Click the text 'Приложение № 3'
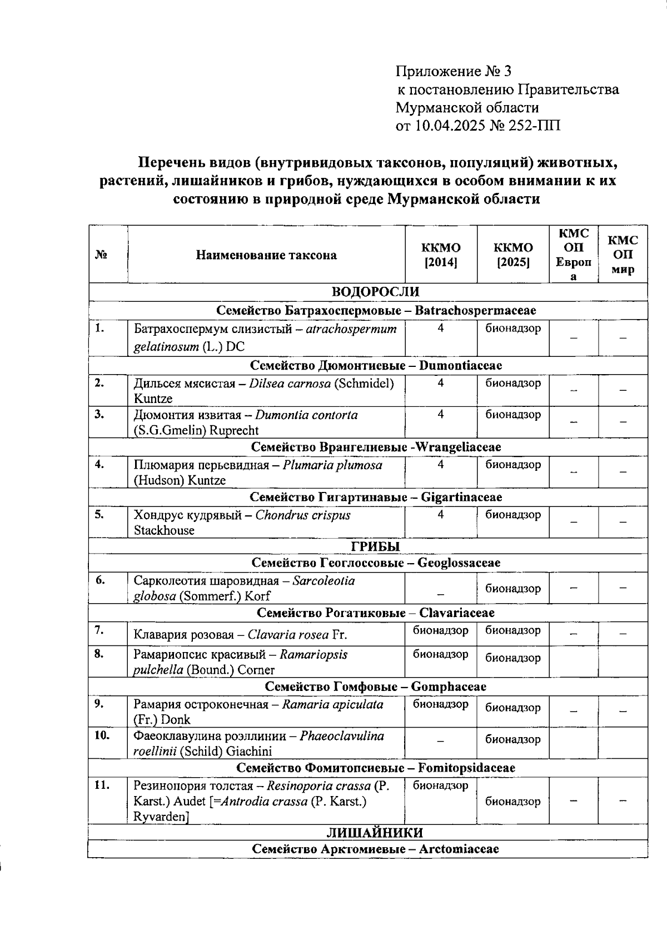(453, 71)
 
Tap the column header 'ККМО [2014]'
(441, 255)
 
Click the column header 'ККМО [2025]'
(512, 255)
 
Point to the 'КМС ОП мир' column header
(623, 255)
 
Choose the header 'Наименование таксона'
(266, 255)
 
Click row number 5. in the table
(99, 514)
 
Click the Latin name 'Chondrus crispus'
(303, 515)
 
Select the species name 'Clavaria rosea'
(288, 635)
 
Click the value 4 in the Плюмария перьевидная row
(440, 464)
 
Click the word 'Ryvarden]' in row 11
(162, 817)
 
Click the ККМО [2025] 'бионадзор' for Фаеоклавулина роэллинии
(512, 739)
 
